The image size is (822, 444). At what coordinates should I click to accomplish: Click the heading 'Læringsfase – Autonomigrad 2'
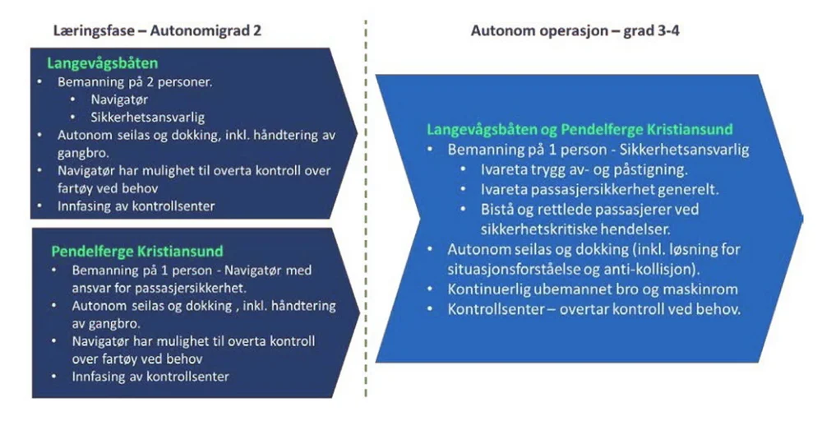coord(157,31)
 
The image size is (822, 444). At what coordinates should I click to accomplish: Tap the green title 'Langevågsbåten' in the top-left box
coord(103,63)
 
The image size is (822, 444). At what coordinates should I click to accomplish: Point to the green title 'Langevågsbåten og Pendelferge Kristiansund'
coord(580,130)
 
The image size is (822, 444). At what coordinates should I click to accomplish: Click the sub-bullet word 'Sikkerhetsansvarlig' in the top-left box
coord(148,117)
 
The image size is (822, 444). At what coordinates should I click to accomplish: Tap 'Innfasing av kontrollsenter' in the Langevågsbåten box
coord(136,206)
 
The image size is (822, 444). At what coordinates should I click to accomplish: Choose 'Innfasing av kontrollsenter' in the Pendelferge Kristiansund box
coord(150,377)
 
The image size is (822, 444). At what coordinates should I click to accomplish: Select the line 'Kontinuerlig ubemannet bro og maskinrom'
coord(592,289)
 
